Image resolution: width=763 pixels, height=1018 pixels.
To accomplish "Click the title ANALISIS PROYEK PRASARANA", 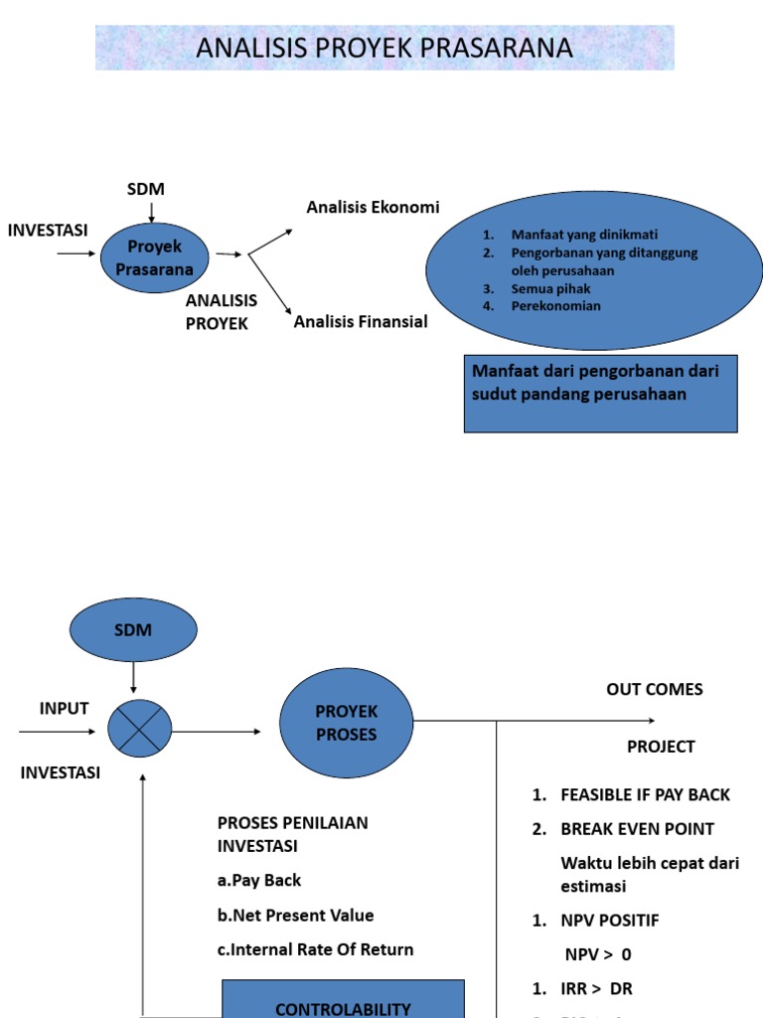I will [384, 48].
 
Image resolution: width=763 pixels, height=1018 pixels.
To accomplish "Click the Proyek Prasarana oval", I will [154, 257].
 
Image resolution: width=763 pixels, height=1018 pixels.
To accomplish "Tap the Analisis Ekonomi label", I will [373, 207].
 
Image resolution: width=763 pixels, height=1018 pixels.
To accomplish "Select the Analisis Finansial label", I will [361, 321].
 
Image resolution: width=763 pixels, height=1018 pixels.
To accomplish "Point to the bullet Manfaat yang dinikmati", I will [570, 236].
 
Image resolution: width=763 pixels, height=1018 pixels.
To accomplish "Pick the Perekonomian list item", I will [555, 305].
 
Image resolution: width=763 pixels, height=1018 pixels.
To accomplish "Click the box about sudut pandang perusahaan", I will [600, 393].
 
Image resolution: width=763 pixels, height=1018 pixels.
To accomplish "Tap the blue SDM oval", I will [133, 630].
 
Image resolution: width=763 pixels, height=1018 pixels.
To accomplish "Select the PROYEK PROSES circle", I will [346, 723].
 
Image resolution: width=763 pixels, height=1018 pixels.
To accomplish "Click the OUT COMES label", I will [654, 690].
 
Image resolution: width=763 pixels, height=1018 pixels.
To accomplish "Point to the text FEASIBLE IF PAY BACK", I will [645, 794].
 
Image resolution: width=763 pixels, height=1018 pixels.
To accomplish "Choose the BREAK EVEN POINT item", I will [637, 828].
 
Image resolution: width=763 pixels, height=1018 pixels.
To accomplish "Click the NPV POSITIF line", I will [609, 921].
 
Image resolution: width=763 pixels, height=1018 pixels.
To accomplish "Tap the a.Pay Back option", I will [259, 880].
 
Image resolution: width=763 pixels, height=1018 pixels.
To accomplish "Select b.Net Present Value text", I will [296, 915].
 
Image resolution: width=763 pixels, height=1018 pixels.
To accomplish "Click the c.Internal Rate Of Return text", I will [315, 949].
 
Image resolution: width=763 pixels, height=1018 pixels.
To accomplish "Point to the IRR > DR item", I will [596, 988].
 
